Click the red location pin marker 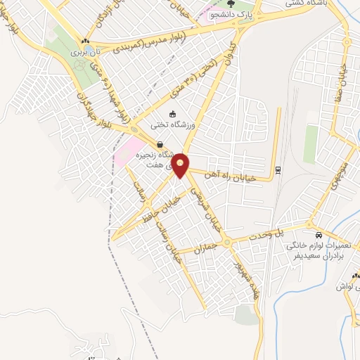pyautogui.click(x=181, y=165)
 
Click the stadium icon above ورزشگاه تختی pyautogui.click(x=174, y=113)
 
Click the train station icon pyautogui.click(x=278, y=169)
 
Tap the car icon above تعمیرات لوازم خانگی pyautogui.click(x=319, y=233)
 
